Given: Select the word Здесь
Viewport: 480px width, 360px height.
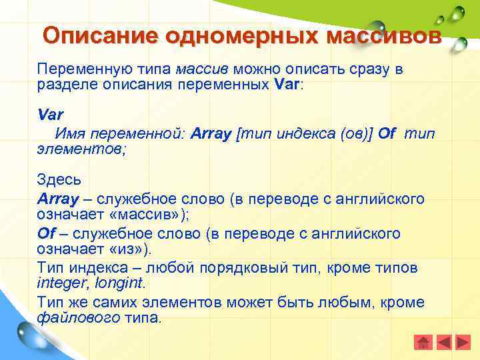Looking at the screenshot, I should coord(59,180).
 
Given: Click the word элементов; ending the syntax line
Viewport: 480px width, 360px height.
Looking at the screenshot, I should coord(81,149).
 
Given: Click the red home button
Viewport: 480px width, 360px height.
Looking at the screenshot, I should coord(423,342).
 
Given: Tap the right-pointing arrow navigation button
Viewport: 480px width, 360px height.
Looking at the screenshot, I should coord(462,342).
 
